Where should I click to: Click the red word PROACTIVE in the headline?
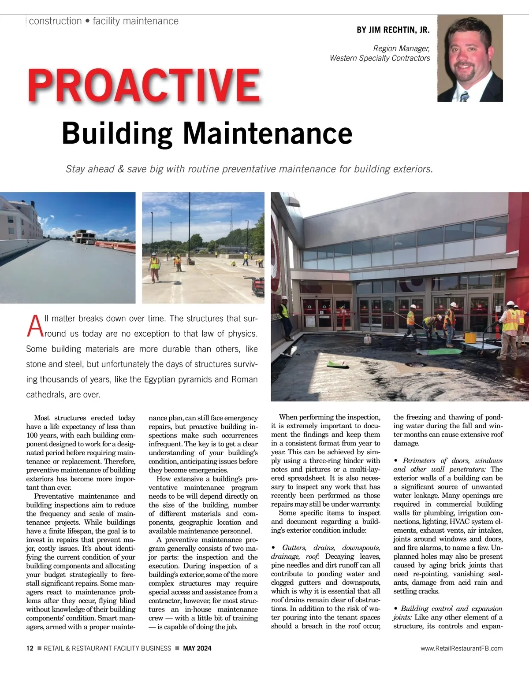(x=144, y=85)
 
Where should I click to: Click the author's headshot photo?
(x=470, y=58)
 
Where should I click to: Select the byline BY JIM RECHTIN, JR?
(x=393, y=30)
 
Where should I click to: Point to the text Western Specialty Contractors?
(x=380, y=58)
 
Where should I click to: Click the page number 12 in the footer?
(x=30, y=648)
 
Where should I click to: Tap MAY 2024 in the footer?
(x=197, y=648)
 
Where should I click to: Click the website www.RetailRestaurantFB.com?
(x=462, y=648)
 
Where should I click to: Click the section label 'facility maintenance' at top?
(x=135, y=21)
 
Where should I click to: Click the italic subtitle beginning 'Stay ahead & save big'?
(x=249, y=169)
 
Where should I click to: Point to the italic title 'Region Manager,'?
(x=401, y=48)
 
